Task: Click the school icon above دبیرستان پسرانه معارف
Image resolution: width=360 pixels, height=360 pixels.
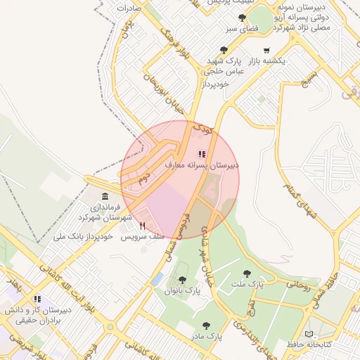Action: coord(202,153)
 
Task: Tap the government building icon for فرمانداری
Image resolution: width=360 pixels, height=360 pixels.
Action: coord(105,196)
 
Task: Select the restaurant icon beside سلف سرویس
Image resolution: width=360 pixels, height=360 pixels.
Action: coord(143,226)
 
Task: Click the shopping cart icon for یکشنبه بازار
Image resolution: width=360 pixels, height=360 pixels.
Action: coord(266,51)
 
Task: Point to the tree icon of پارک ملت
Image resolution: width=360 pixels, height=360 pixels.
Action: coord(246,273)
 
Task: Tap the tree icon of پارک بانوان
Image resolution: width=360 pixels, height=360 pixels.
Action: coord(182,279)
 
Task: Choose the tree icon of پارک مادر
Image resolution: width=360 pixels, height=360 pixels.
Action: coord(205,326)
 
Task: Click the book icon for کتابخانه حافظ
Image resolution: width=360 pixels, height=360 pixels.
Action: coord(309,333)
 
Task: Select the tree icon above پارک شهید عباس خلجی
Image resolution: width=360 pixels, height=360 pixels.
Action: coord(224,50)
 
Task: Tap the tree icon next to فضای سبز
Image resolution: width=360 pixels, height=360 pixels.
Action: coord(243,18)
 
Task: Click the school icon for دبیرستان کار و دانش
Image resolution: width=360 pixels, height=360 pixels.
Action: coord(37,299)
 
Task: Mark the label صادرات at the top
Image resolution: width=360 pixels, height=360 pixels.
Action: coord(129,8)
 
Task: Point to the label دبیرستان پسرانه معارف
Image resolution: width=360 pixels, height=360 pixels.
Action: coord(202,165)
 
